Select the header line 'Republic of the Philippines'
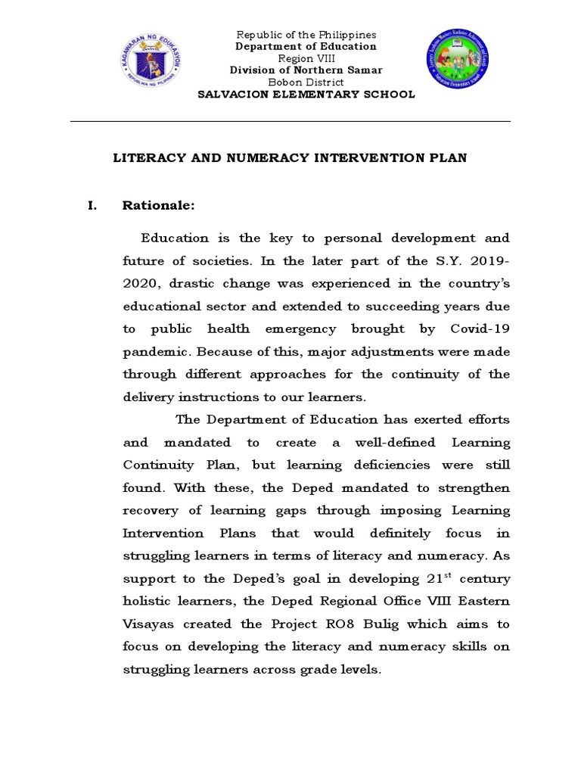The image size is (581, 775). (x=306, y=36)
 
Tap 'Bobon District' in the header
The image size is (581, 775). (x=306, y=82)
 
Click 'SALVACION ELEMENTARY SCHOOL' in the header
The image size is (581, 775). (x=306, y=94)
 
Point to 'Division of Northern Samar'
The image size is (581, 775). (x=306, y=70)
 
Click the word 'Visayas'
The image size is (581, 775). (x=148, y=624)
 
